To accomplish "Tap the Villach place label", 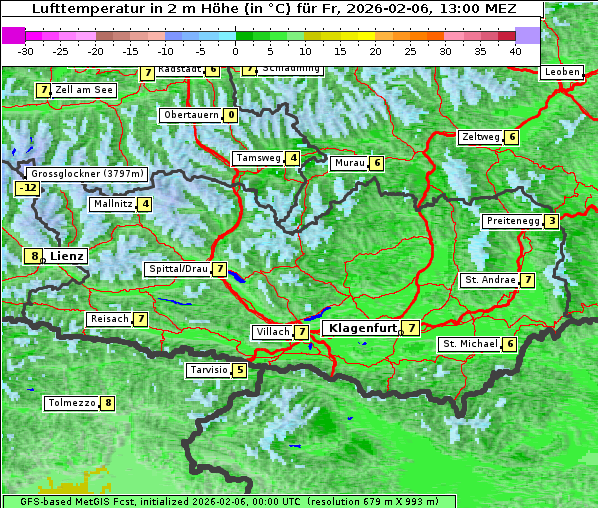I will pyautogui.click(x=273, y=332).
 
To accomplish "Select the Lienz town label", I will pyautogui.click(x=67, y=256).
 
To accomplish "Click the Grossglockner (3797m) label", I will pyautogui.click(x=88, y=174).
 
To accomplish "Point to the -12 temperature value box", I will pyautogui.click(x=27, y=188).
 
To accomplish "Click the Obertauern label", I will pyautogui.click(x=191, y=115).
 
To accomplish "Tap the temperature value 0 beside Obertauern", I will pyautogui.click(x=231, y=115).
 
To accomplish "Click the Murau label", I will pyautogui.click(x=349, y=163).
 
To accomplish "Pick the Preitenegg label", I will pyautogui.click(x=512, y=221).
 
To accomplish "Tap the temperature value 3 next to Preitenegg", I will pyautogui.click(x=551, y=221).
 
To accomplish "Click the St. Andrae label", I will pyautogui.click(x=489, y=280).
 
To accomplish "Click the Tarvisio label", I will pyautogui.click(x=208, y=370).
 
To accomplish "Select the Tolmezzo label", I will pyautogui.click(x=71, y=403).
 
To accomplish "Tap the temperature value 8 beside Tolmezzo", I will pyautogui.click(x=107, y=403).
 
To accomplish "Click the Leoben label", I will pyautogui.click(x=561, y=72).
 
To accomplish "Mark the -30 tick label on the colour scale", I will pyautogui.click(x=26, y=50).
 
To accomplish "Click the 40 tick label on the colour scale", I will pyautogui.click(x=515, y=50).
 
